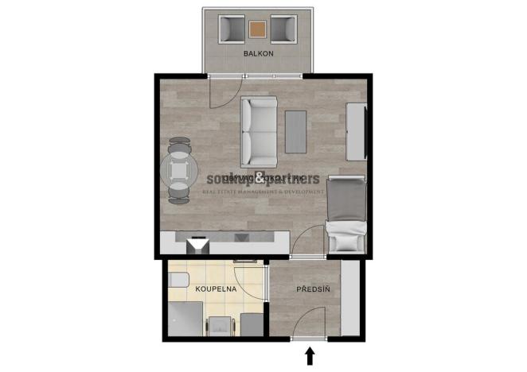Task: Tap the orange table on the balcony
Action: click(258, 29)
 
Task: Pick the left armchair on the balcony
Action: click(232, 29)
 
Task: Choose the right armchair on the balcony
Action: click(283, 29)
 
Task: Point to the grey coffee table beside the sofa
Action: click(297, 131)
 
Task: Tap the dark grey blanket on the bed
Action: click(347, 199)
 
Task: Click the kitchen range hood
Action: click(196, 246)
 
